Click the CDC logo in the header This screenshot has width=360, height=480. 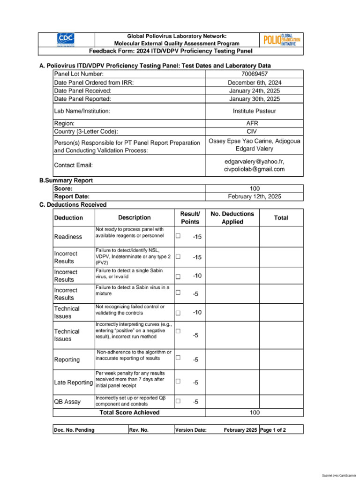pos(66,39)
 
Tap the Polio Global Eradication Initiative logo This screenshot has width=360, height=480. pos(281,39)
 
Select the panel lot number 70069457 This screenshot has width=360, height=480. pos(255,74)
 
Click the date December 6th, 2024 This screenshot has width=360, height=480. pos(255,82)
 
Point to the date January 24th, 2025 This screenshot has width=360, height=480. pos(255,90)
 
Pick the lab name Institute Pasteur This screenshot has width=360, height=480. pos(255,111)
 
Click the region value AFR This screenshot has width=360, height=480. pos(255,123)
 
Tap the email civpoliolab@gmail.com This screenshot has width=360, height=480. pos(255,169)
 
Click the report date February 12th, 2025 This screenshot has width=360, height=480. pos(255,197)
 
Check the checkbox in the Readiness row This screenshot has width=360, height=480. pos(178,236)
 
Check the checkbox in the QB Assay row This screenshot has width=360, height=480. pos(178,401)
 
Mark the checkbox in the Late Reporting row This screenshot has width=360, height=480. pos(178,382)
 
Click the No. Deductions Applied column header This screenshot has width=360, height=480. pos(232,217)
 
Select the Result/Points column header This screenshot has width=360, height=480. pos(190,217)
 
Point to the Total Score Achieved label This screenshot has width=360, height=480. pos(129,412)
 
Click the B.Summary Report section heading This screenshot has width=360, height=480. pos(66,180)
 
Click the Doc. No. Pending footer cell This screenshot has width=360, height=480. pos(74,430)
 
